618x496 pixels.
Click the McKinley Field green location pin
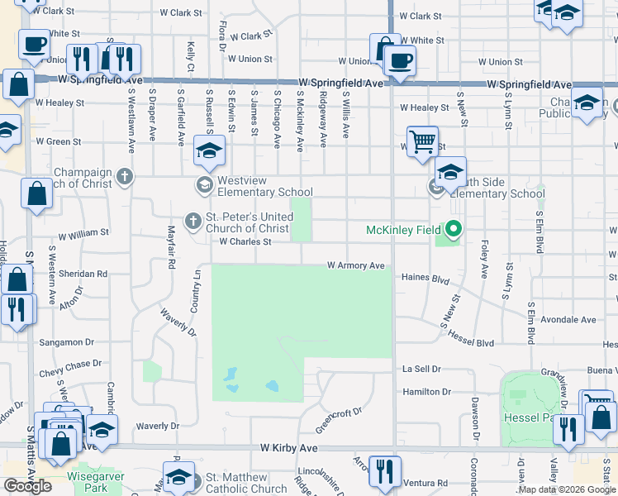coord(453,229)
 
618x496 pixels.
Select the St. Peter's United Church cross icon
coord(193,221)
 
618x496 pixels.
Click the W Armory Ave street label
coord(356,265)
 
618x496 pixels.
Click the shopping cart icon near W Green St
coord(422,141)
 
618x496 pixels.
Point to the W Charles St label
coord(245,242)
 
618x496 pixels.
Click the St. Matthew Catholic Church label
coord(246,483)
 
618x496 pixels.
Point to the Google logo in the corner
coord(27,486)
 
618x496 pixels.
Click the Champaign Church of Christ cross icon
coord(124,176)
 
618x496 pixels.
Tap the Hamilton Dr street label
coord(426,392)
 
